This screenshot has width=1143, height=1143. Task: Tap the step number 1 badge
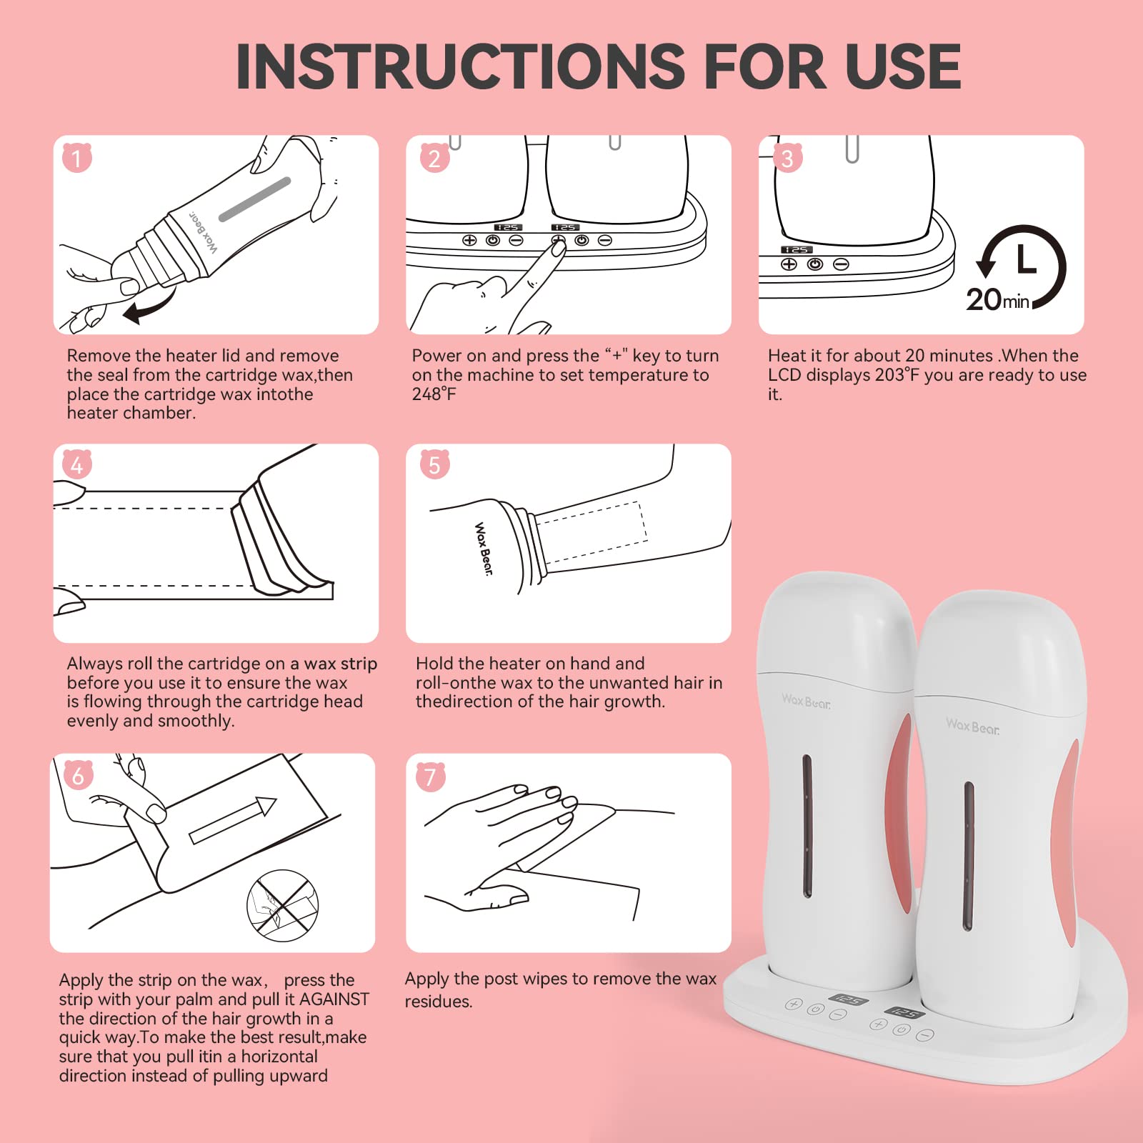77,157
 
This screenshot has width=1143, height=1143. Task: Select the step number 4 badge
77,464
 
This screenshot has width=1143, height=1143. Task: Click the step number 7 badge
430,776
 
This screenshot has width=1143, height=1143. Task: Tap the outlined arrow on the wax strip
233,820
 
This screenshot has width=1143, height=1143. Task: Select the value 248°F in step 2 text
434,394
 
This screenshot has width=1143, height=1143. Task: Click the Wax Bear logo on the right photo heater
972,727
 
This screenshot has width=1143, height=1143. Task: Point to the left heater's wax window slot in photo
807,826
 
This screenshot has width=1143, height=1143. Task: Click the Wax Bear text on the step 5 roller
484,549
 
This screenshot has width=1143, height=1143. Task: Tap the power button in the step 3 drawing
815,264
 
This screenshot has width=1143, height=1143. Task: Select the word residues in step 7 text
439,1002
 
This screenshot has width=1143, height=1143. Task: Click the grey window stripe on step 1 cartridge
255,199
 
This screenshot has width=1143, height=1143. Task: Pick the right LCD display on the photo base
904,1012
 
